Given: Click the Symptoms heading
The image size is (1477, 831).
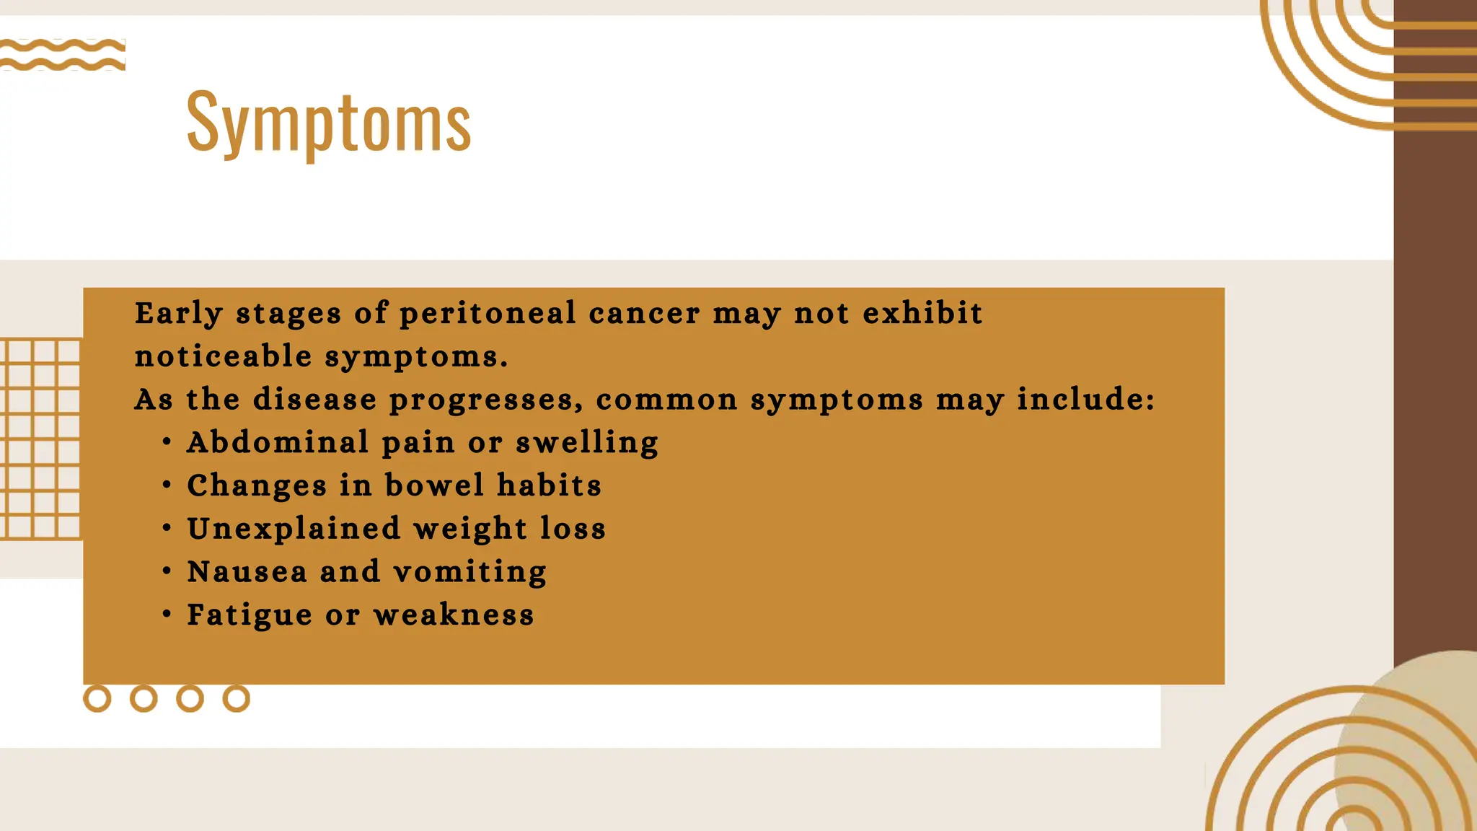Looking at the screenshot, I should coord(329,123).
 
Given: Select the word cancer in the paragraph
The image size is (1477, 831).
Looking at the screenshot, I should coord(644,314).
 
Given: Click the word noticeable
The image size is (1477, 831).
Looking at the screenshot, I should coord(224,356).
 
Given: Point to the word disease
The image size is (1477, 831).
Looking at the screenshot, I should coord(315,399).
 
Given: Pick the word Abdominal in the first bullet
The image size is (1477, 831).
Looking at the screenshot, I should coord(278,442).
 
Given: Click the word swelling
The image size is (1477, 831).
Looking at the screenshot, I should coord(587,443).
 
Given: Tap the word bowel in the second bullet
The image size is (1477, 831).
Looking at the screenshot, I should coord(434,485).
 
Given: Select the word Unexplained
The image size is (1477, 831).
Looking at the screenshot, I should coord(294,529).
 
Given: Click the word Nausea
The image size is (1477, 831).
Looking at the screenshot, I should coord(247,572).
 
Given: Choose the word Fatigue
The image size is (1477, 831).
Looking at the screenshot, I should coord(250,615).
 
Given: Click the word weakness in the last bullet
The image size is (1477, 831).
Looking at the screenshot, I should coord(454,615).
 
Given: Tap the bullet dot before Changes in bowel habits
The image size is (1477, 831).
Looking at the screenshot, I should coord(167,485).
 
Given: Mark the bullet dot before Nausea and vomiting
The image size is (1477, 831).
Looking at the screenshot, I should coord(167,571).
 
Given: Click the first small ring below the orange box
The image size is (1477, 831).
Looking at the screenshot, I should coord(97,698).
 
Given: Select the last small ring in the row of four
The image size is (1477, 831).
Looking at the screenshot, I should coord(236,698).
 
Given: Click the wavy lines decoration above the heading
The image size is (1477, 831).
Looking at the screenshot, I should coord(63,55).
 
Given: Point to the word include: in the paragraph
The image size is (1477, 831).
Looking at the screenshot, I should coord(1086,399).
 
